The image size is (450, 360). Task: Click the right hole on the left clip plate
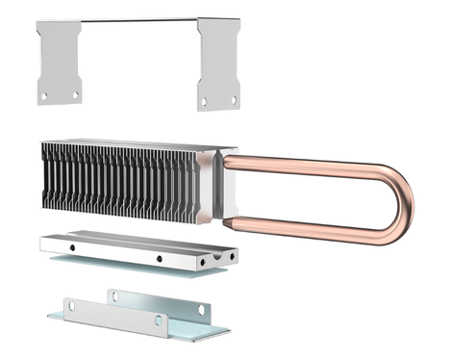[x=75, y=94]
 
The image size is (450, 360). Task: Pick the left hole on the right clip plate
[x=204, y=99]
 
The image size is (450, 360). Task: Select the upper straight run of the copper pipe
[x=308, y=164]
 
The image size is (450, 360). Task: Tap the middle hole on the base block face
[x=159, y=258]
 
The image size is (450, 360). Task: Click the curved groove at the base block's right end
[x=228, y=257]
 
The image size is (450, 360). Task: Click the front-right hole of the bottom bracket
[x=159, y=320]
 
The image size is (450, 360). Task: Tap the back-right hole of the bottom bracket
[x=201, y=309]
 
